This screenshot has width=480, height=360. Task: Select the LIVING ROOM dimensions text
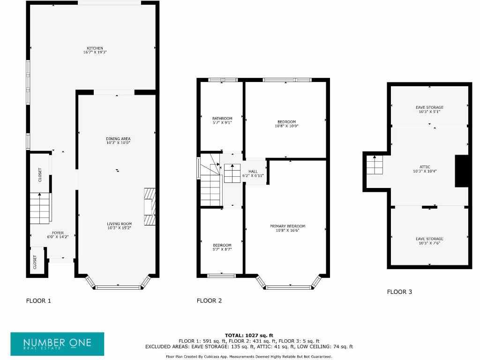click(x=119, y=228)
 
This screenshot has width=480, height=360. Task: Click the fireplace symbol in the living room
click(x=149, y=207)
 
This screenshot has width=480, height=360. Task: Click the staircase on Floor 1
click(x=40, y=208)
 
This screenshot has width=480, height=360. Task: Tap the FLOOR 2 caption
click(x=209, y=301)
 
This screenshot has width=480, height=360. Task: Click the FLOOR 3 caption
click(x=399, y=292)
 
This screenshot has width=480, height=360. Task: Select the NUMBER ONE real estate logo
click(x=57, y=344)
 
